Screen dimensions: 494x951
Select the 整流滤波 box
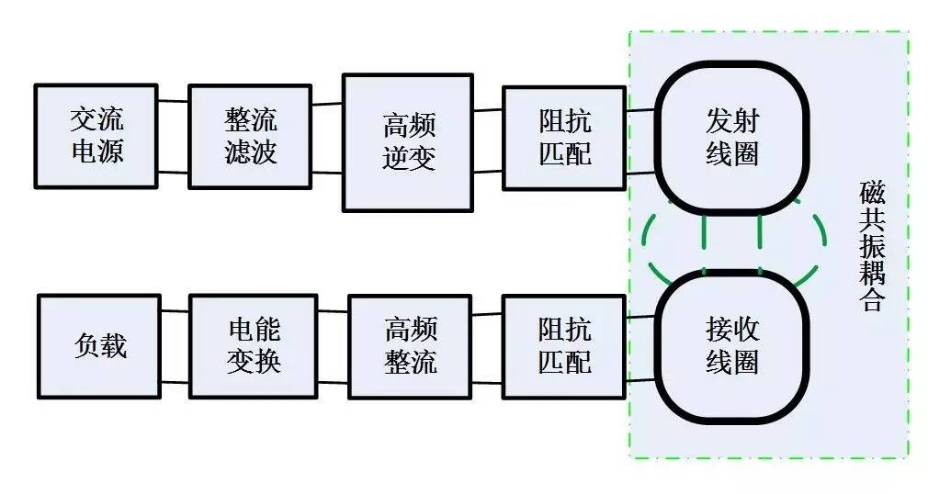tap(250, 137)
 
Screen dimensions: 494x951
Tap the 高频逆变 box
tap(407, 142)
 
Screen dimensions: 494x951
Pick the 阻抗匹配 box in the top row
tap(564, 137)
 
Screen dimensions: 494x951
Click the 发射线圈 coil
tap(732, 137)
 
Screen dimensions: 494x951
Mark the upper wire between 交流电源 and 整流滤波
tap(173, 101)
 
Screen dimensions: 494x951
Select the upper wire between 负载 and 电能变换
tap(175, 311)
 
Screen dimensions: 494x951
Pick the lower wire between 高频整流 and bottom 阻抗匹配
tap(487, 379)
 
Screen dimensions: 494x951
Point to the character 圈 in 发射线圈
tap(746, 153)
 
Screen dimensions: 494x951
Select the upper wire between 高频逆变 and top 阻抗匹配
tap(487, 111)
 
